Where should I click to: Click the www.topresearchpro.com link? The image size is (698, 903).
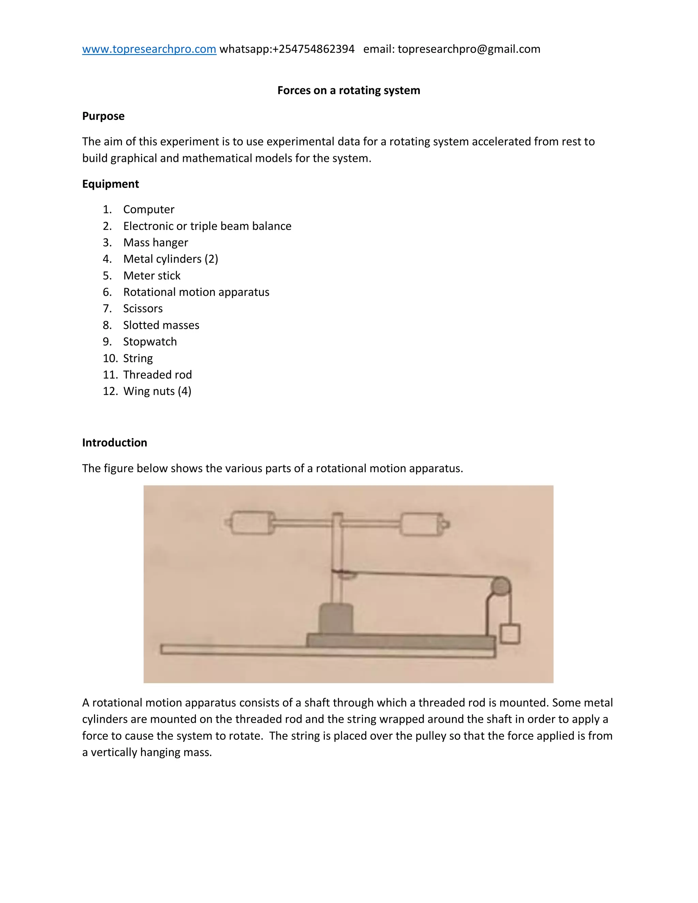(149, 49)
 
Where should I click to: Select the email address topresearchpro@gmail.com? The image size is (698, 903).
(469, 49)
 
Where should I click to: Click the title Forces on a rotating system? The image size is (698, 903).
(349, 90)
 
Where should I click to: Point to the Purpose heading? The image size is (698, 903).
(103, 116)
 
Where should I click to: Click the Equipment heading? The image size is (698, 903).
(110, 184)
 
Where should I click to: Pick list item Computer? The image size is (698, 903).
(149, 209)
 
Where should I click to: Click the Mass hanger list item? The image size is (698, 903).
(155, 242)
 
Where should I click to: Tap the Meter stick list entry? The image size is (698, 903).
(152, 275)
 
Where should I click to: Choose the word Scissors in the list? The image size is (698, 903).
(143, 308)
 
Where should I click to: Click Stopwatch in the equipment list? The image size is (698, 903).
(150, 341)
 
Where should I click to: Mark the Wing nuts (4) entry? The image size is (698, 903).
(157, 391)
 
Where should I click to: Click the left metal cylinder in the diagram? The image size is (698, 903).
(253, 523)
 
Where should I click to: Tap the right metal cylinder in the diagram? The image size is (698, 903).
(421, 524)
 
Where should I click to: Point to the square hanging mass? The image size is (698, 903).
(510, 634)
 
